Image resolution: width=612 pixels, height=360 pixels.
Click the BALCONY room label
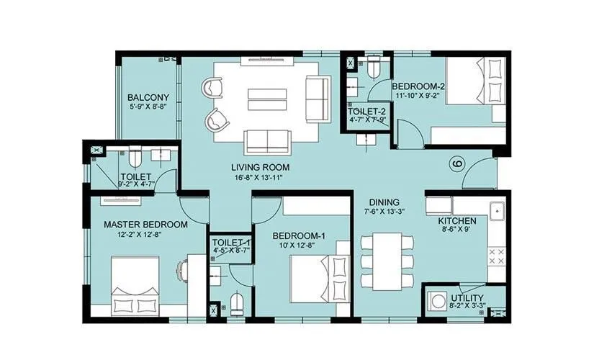(x=148, y=98)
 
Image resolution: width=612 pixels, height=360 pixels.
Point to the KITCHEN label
(x=456, y=222)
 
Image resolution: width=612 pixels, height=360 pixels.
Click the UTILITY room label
(x=467, y=298)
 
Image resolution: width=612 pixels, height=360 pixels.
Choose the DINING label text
(x=384, y=202)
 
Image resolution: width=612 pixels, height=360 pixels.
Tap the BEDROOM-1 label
(x=296, y=235)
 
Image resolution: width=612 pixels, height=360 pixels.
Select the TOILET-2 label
(x=367, y=112)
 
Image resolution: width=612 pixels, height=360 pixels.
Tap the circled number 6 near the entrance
(x=456, y=164)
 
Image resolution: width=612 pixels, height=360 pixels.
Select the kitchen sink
(x=497, y=212)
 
